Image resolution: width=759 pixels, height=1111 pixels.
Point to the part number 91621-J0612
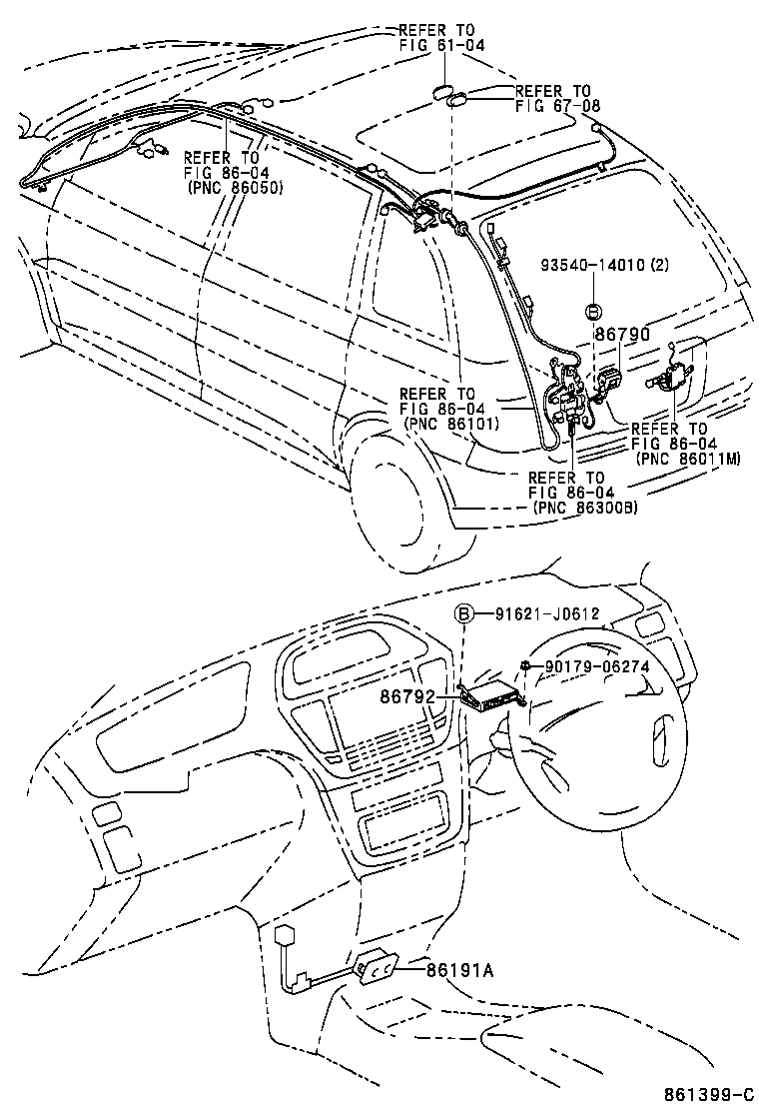pos(546,613)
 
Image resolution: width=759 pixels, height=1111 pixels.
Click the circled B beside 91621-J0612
pos(465,613)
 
